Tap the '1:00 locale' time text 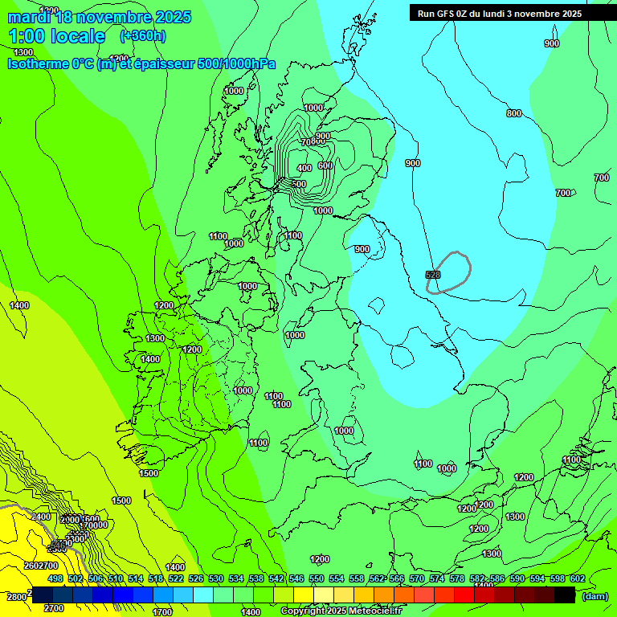coord(56,36)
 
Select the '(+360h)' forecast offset coord(142,36)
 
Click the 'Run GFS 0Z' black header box coord(500,13)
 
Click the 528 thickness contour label coord(432,275)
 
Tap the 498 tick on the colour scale coord(55,578)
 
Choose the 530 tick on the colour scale coord(216,578)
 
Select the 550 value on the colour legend coord(317,578)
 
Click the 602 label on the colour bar coord(577,578)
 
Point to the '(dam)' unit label coord(595,595)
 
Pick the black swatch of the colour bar coord(565,595)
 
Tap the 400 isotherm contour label coord(304,168)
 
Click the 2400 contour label coord(41,517)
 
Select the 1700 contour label coord(162,611)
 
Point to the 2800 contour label coord(16,597)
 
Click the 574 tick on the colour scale coord(437,578)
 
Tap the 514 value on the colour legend coord(136,578)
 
